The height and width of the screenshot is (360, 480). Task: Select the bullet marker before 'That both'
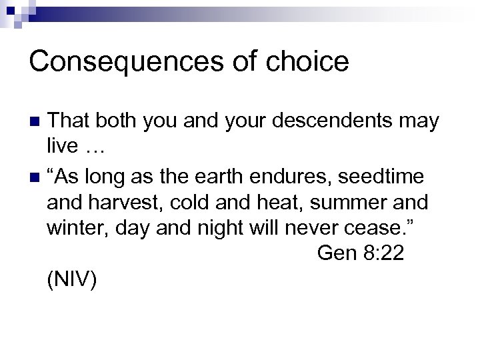tap(37, 122)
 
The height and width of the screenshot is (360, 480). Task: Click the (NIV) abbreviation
tap(72, 280)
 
